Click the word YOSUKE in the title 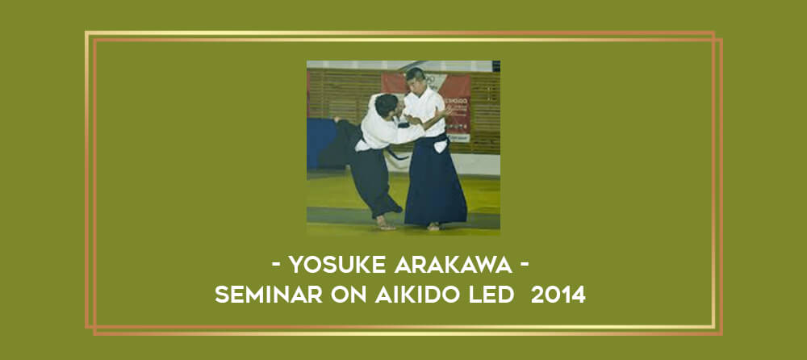[337, 265]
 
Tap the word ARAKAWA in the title [454, 265]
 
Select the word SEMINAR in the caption [269, 295]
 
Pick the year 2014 [558, 295]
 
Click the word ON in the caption [349, 295]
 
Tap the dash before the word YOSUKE [276, 266]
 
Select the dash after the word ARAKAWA [525, 266]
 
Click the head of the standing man [415, 79]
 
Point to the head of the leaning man [387, 105]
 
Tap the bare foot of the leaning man [384, 223]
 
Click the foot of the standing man [433, 226]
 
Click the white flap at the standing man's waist [440, 146]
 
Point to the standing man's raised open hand [443, 111]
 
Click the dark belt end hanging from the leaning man [397, 154]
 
